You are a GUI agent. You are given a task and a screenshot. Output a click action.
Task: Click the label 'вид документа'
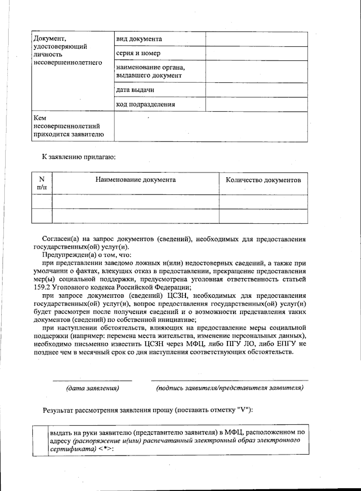pos(139,39)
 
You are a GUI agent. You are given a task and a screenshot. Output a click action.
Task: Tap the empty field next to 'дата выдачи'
pos(256,90)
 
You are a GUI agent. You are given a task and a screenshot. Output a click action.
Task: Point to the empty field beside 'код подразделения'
pos(256,104)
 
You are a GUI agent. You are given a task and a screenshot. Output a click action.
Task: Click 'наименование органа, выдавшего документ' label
pos(150,71)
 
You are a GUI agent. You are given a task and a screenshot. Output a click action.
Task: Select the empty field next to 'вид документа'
pos(256,39)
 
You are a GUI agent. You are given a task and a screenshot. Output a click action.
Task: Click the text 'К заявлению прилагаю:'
pos(79,157)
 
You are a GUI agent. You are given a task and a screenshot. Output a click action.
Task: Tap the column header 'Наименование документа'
pos(136,180)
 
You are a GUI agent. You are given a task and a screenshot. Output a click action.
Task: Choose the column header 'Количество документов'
pos(263,180)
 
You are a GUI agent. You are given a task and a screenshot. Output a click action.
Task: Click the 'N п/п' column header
pos(42,183)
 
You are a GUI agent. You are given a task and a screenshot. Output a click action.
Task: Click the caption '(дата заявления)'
pos(93,388)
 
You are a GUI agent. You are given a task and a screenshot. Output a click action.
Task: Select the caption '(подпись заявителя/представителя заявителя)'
pos(230,388)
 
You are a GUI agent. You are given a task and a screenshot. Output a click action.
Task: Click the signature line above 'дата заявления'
pos(92,381)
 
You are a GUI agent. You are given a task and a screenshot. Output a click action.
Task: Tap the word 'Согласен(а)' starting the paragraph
pos(60,239)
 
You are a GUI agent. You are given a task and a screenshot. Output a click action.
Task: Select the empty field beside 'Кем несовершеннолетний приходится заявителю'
pos(211,126)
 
